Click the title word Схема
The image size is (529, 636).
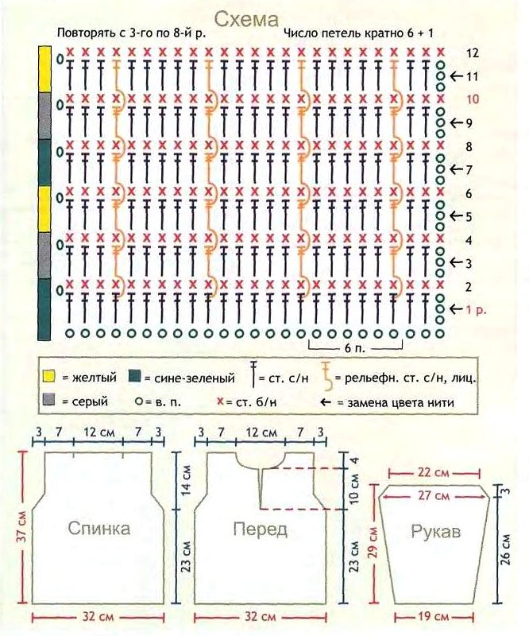(246, 19)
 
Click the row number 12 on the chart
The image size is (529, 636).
(473, 53)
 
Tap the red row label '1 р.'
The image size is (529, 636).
(476, 310)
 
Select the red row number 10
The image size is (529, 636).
(473, 99)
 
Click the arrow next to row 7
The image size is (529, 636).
(457, 169)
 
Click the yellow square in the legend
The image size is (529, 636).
(48, 377)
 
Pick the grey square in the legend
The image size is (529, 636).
(48, 400)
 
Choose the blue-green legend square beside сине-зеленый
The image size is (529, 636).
(134, 376)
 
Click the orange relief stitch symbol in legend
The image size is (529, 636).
(326, 374)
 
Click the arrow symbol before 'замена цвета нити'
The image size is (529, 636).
(326, 402)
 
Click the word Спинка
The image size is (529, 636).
(99, 528)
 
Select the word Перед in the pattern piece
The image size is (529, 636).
(261, 529)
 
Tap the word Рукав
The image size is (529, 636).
(436, 531)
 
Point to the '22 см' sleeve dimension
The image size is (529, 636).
(433, 473)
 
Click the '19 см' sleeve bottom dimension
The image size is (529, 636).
(433, 617)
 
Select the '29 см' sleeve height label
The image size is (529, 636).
(373, 542)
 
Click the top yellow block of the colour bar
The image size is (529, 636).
(44, 69)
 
